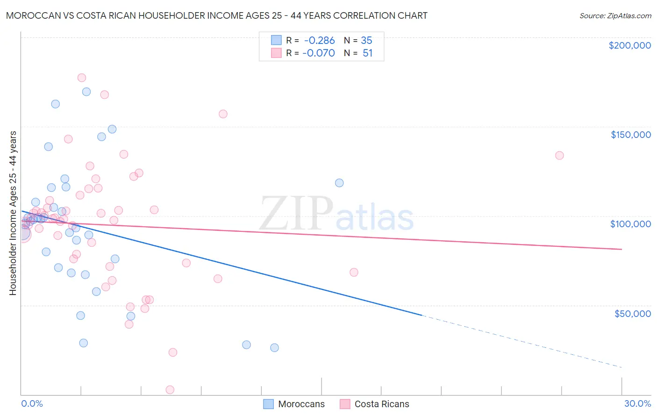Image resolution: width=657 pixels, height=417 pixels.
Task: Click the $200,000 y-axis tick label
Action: [x=629, y=45]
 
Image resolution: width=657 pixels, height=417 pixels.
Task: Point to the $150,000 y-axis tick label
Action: [x=630, y=135]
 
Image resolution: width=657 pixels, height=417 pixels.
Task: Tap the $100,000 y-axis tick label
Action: [x=630, y=224]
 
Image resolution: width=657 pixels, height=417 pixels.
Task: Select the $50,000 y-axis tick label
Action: [x=632, y=313]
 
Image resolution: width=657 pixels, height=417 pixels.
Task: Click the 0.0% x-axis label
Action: [x=32, y=403]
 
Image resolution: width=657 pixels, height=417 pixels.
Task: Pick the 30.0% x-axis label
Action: [x=637, y=403]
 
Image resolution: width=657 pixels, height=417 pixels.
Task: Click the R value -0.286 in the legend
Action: [x=319, y=41]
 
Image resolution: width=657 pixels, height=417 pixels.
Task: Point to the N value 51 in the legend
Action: [x=367, y=53]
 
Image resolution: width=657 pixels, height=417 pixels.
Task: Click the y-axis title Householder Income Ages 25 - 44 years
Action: [x=13, y=213]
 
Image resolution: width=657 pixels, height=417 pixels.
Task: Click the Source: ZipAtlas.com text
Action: [x=615, y=16]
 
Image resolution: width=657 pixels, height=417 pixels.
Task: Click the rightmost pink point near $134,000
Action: [x=559, y=155]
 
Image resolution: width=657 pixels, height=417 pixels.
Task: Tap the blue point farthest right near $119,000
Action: [x=339, y=183]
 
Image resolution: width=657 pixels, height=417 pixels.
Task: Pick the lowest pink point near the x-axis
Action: [x=170, y=390]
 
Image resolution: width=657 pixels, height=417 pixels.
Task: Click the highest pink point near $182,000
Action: [x=82, y=78]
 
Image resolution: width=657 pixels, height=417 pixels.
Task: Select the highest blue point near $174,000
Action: [x=86, y=92]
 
